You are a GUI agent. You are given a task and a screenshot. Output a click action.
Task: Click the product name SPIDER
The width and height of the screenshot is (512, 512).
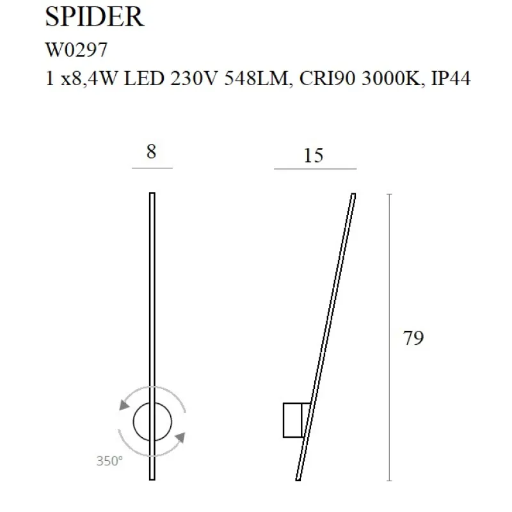(95, 17)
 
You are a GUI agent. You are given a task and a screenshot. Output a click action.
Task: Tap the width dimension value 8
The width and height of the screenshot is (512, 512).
(151, 152)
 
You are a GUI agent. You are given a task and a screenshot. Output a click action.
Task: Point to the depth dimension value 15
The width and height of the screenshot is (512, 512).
(314, 155)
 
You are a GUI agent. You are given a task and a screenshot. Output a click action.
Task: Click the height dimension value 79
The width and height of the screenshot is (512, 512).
(413, 338)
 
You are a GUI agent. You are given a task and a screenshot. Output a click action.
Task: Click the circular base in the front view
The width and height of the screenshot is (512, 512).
(152, 422)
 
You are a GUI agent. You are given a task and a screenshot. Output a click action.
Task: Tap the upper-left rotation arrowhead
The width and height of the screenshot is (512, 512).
(123, 404)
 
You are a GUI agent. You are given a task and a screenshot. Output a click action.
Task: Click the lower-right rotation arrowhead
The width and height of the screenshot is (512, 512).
(180, 438)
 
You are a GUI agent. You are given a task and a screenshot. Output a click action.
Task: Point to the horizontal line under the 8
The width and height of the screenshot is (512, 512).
(152, 168)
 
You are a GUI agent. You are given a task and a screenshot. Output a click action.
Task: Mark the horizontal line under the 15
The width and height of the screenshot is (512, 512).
(315, 169)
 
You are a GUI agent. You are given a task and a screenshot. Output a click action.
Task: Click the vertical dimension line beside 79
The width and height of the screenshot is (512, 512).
(390, 338)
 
